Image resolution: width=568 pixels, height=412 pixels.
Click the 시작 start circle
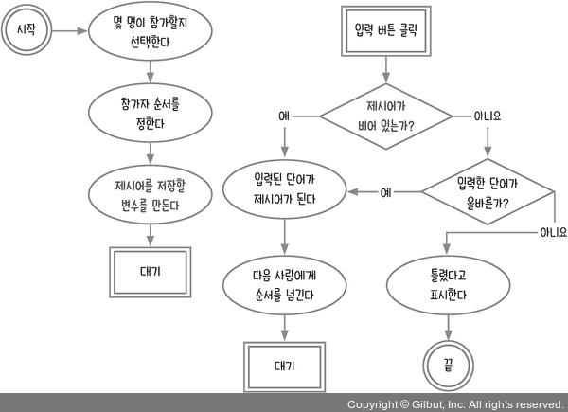click(x=26, y=31)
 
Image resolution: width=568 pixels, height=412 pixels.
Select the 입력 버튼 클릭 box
click(x=383, y=29)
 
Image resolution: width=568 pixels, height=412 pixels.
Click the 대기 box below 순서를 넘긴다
click(x=284, y=366)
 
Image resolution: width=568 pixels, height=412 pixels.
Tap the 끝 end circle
click(x=442, y=363)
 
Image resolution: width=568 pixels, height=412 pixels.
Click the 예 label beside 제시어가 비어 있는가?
click(x=284, y=116)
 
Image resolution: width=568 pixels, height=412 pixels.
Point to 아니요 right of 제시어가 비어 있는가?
click(x=487, y=116)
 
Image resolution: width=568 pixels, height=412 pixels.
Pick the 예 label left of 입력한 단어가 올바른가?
click(x=385, y=192)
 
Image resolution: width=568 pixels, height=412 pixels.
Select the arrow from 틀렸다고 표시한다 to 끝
click(x=442, y=324)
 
